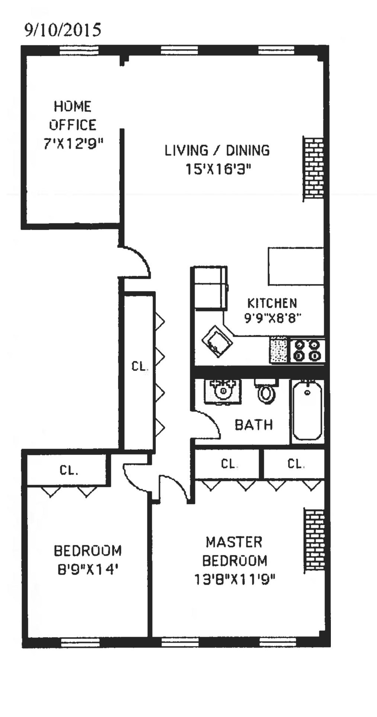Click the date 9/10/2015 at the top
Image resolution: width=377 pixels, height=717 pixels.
63,30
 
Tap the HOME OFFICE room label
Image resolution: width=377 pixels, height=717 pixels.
73,116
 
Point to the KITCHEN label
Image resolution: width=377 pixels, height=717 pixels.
272,303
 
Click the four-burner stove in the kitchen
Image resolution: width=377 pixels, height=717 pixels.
307,351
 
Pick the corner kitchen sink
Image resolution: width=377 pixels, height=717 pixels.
217,341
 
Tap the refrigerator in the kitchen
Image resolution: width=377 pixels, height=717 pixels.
211,288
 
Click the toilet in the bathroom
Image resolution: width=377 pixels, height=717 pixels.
266,391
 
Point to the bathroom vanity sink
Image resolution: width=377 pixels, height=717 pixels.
223,390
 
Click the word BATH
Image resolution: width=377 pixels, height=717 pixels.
254,425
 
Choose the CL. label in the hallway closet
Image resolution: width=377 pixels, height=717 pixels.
140,366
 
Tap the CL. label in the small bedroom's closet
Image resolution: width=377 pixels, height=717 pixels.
69,471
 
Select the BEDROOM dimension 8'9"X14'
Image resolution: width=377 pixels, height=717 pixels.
87,569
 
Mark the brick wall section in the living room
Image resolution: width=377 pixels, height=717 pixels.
313,168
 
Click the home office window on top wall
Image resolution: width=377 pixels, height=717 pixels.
79,50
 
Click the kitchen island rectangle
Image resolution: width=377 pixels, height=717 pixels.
296,266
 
